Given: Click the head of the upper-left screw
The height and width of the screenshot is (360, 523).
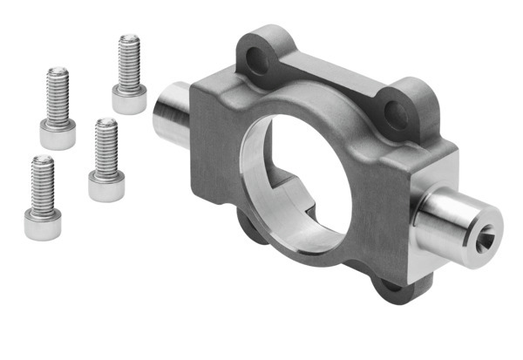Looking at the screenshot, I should [x=58, y=134].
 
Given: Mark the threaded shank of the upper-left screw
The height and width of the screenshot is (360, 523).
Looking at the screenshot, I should [x=58, y=94].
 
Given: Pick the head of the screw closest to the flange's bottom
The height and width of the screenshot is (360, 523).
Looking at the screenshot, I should [x=106, y=186].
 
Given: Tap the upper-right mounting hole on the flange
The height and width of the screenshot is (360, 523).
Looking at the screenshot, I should [x=397, y=110].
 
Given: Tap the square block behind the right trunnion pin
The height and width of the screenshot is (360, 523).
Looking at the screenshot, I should [x=431, y=200].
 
